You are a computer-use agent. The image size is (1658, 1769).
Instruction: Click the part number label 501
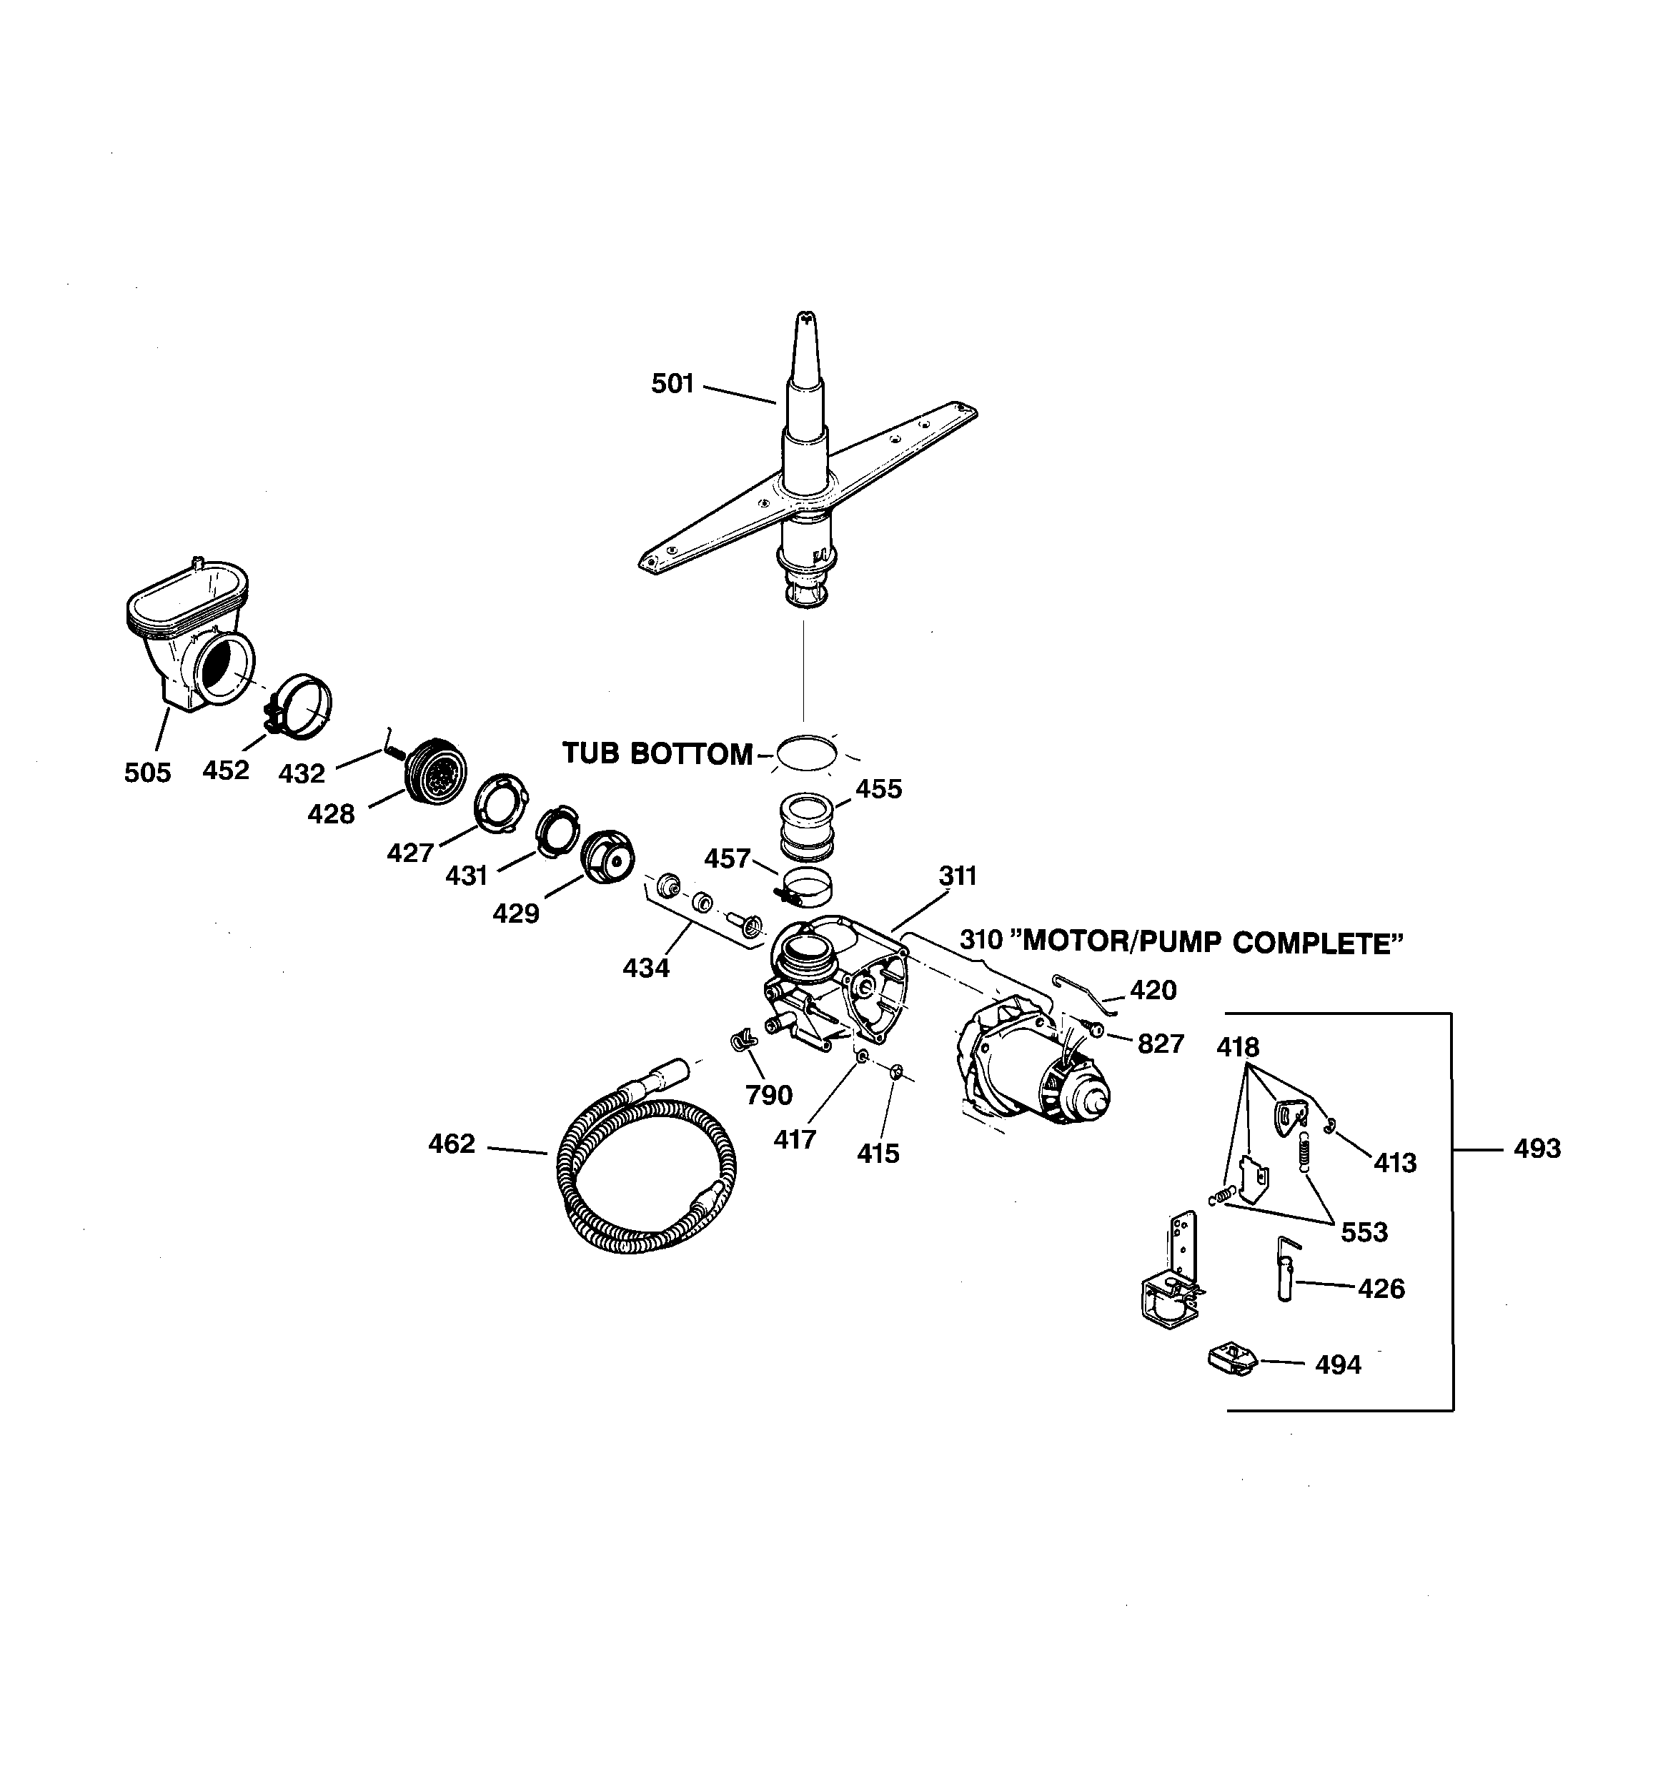point(672,384)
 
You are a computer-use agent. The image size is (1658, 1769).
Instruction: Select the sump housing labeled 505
point(189,633)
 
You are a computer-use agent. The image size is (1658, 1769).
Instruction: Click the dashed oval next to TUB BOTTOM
point(806,753)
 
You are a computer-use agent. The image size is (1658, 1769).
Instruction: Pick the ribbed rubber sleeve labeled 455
point(807,827)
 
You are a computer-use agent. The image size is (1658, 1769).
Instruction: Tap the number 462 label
point(452,1144)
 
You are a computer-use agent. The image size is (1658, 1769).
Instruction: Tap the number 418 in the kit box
point(1238,1046)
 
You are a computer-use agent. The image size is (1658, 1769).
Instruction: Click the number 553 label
point(1364,1232)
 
